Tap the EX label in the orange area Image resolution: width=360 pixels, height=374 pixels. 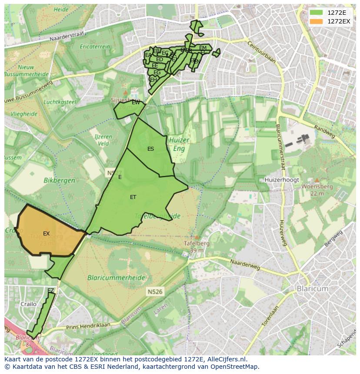[x=47, y=234]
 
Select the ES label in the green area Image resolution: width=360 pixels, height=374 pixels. [x=150, y=149]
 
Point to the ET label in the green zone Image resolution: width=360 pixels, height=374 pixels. [x=133, y=197]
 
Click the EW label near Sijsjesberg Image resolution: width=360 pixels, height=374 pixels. [x=136, y=103]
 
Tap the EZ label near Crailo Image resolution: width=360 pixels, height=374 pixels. [x=51, y=290]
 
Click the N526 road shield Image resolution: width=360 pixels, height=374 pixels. [x=154, y=292]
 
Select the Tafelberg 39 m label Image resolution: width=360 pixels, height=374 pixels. [x=197, y=246]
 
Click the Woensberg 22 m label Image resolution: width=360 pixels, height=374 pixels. [x=317, y=189]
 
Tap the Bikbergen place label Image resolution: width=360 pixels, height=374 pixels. [x=59, y=180]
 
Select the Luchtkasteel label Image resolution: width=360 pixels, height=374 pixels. [x=60, y=102]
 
